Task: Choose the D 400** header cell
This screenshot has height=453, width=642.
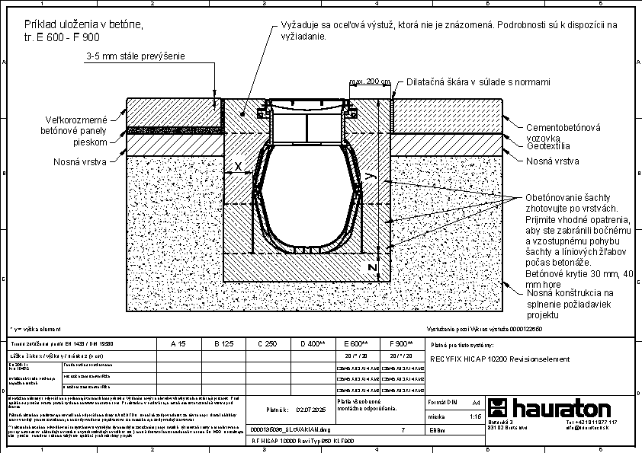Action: [x=312, y=344]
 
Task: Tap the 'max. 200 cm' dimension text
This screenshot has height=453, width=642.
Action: [x=370, y=81]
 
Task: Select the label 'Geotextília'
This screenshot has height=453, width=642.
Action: [x=548, y=145]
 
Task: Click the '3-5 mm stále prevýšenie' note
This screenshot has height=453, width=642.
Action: [x=136, y=56]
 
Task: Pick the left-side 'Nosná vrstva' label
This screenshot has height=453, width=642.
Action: [x=80, y=161]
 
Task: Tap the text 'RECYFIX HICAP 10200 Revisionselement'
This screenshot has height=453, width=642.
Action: [x=500, y=359]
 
